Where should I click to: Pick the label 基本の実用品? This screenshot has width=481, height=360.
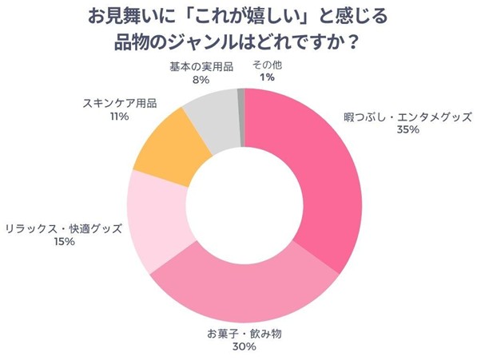[201, 65]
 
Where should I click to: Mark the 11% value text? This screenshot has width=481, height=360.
[120, 117]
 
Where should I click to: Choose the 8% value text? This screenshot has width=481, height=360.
[201, 79]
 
